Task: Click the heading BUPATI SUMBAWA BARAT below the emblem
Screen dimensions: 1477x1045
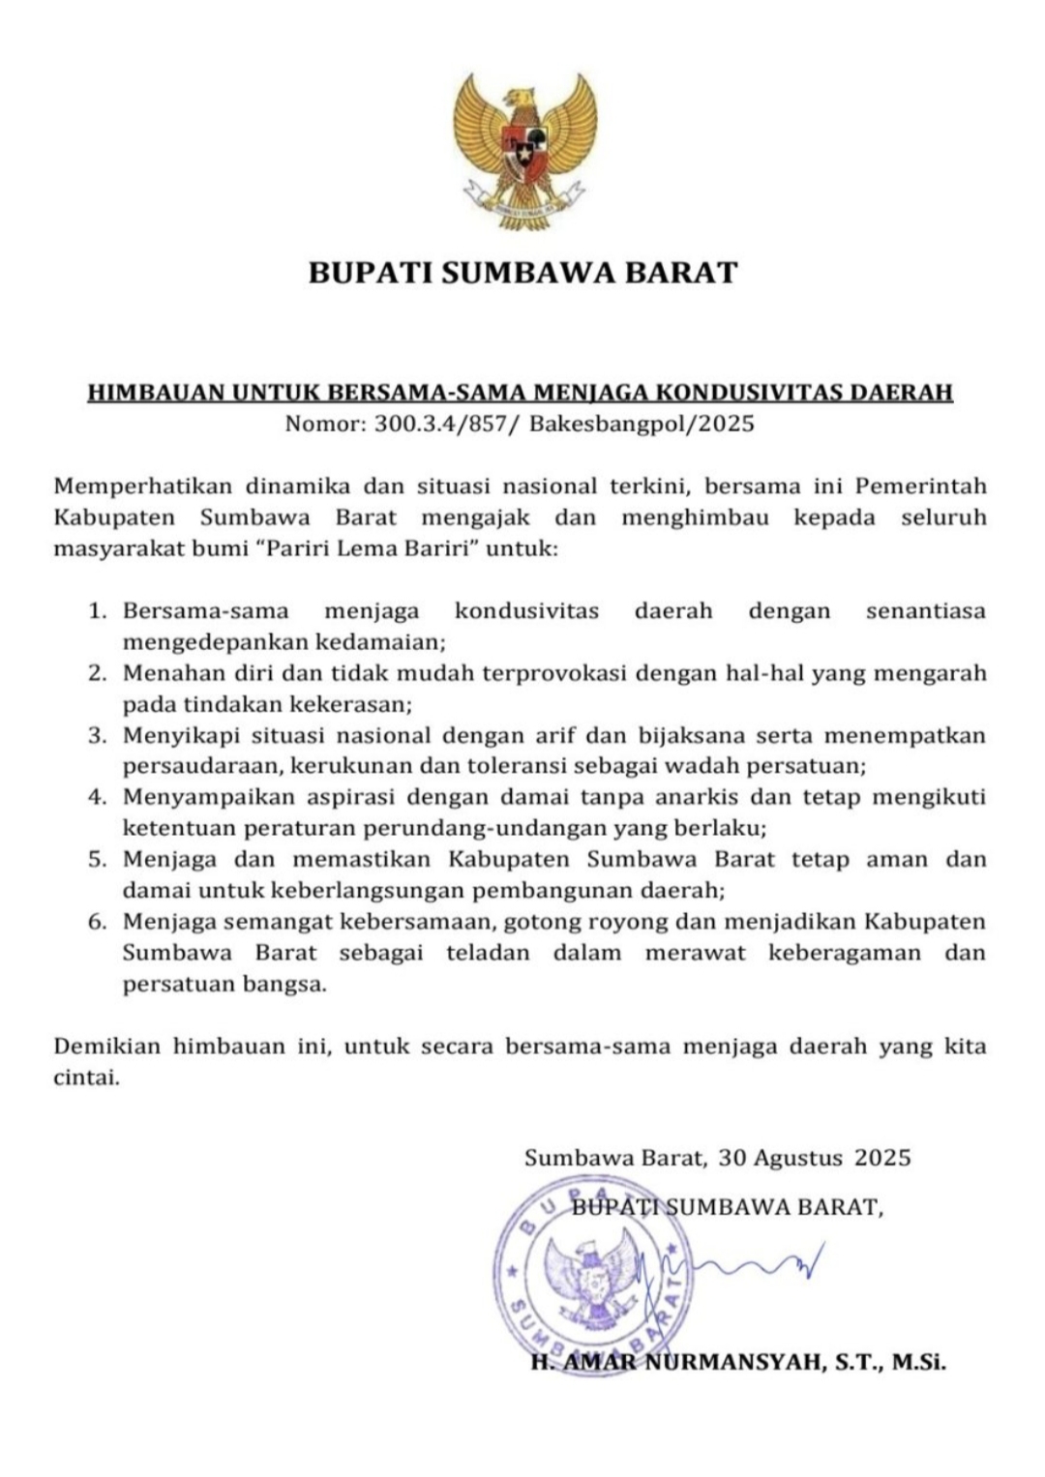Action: click(x=522, y=273)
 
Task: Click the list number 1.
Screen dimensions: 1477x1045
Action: click(x=96, y=611)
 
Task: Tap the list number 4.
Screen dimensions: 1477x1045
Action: click(x=96, y=798)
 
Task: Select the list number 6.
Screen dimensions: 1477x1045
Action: click(x=96, y=922)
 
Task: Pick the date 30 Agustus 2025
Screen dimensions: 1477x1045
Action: click(x=815, y=1158)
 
